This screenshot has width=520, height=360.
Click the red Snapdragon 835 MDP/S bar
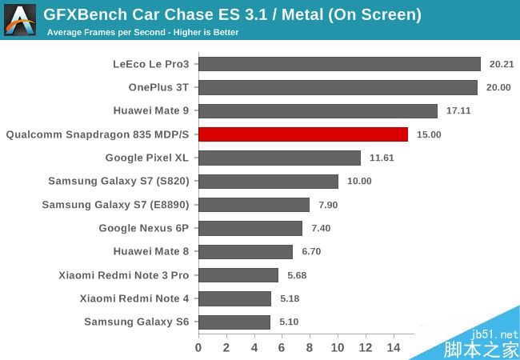click(303, 134)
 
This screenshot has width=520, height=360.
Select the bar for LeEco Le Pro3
click(339, 64)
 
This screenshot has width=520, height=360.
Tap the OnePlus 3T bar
click(338, 87)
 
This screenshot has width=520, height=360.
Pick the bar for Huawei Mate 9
click(318, 111)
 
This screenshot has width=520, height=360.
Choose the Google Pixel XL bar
click(279, 158)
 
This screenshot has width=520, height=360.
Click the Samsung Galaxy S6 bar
click(234, 322)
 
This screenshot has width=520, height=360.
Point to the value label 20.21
click(501, 64)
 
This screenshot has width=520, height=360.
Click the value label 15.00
click(428, 134)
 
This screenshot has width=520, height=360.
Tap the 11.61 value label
click(382, 158)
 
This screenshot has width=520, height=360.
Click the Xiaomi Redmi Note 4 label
click(134, 298)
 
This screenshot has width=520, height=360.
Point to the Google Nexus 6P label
click(144, 228)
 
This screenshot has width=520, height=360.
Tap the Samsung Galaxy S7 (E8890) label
click(115, 205)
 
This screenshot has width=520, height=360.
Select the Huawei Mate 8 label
click(151, 251)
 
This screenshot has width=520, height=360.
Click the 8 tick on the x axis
click(310, 348)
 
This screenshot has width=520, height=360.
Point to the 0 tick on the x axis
click(198, 348)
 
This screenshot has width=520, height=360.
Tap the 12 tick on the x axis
click(365, 348)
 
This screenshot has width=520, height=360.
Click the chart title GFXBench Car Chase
click(232, 14)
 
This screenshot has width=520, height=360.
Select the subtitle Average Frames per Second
click(142, 32)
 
